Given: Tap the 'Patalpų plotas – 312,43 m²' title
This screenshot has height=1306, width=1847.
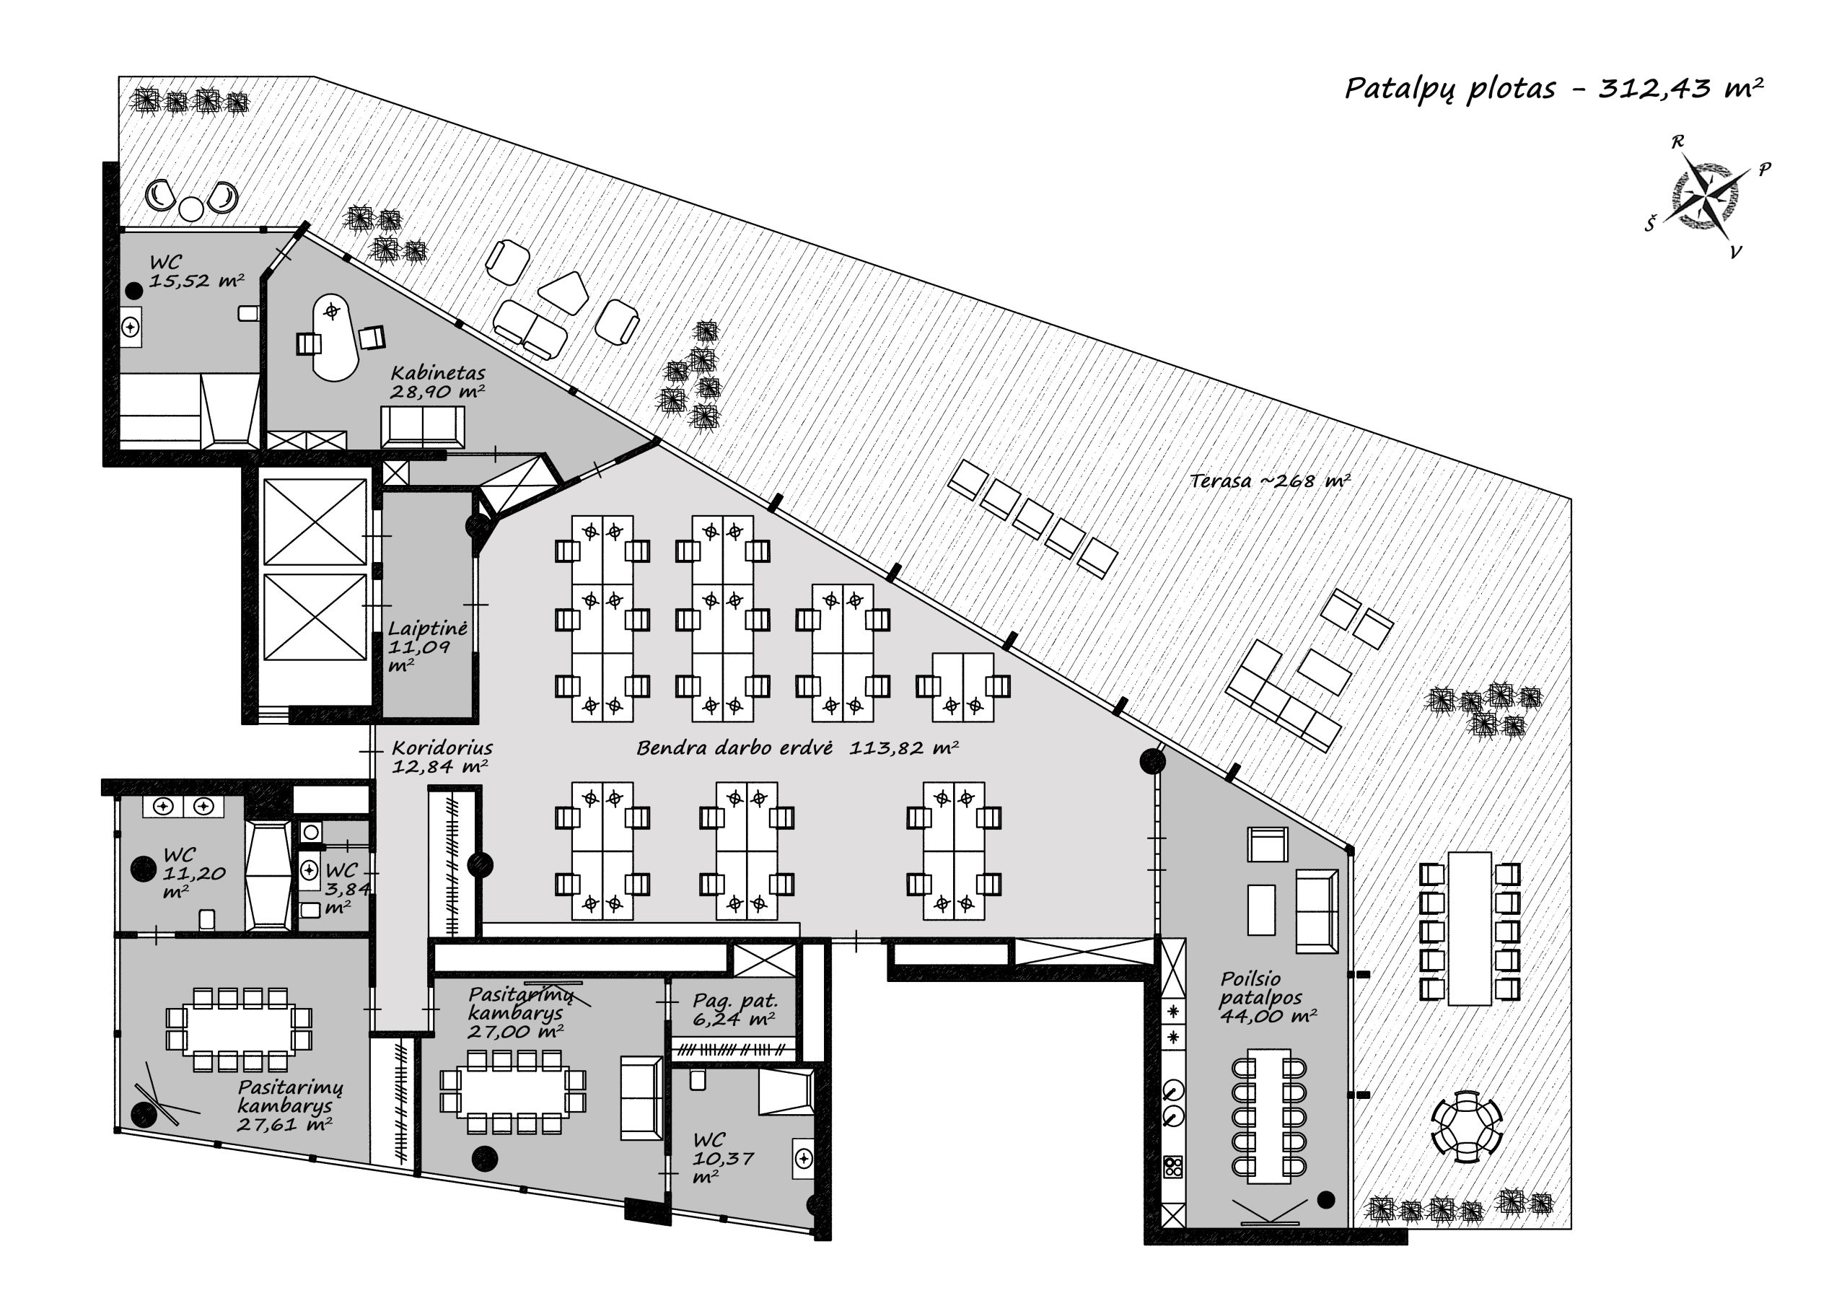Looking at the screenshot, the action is tap(1554, 89).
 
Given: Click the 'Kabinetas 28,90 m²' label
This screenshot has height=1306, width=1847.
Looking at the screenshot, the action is tap(438, 382).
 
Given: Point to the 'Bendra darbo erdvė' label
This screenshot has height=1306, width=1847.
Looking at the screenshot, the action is tap(734, 748).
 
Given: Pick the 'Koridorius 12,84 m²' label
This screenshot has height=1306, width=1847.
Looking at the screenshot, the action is tap(442, 756).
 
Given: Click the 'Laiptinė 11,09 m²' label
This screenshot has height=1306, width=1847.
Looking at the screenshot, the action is tap(427, 647).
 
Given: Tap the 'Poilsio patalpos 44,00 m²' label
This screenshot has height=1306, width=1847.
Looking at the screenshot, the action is tap(1268, 996).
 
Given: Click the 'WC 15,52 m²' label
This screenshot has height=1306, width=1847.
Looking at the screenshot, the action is tap(196, 271).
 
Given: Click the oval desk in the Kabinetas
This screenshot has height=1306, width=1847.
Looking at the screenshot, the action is tap(334, 336).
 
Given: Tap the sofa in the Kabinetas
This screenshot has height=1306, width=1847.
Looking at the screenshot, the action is tap(422, 426).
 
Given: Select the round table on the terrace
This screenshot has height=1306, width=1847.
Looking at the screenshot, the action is tap(1467, 1126).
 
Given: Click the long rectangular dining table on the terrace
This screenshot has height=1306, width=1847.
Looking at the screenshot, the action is tap(1470, 929).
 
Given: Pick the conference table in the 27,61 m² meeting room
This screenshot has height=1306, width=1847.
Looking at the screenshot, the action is tap(239, 1030).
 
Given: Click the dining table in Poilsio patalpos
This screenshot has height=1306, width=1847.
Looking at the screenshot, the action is tap(1268, 1116).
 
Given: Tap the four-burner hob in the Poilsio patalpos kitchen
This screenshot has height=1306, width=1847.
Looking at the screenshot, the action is tap(1173, 1166).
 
